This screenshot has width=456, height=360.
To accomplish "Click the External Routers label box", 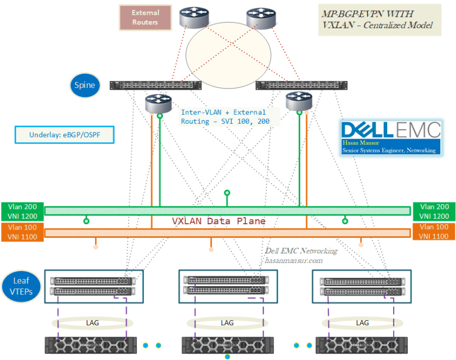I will (x=145, y=17).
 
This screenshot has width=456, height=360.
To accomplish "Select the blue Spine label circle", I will (x=85, y=85).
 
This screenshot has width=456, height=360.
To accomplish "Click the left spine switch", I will (x=156, y=85).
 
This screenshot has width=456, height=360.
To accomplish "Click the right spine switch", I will (x=301, y=85).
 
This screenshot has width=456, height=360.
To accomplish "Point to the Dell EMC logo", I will (x=390, y=130).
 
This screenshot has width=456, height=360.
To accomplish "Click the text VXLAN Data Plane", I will (x=219, y=221).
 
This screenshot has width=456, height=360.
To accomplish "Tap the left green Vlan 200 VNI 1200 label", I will (x=21, y=211).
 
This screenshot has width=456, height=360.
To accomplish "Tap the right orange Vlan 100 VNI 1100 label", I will (x=434, y=231).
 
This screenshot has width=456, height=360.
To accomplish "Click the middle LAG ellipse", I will (x=227, y=323).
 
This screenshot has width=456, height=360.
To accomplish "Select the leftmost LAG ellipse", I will (x=92, y=323).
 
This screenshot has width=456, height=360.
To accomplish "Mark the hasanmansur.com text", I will (x=293, y=260).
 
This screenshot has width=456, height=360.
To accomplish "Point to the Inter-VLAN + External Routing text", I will (x=224, y=117).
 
